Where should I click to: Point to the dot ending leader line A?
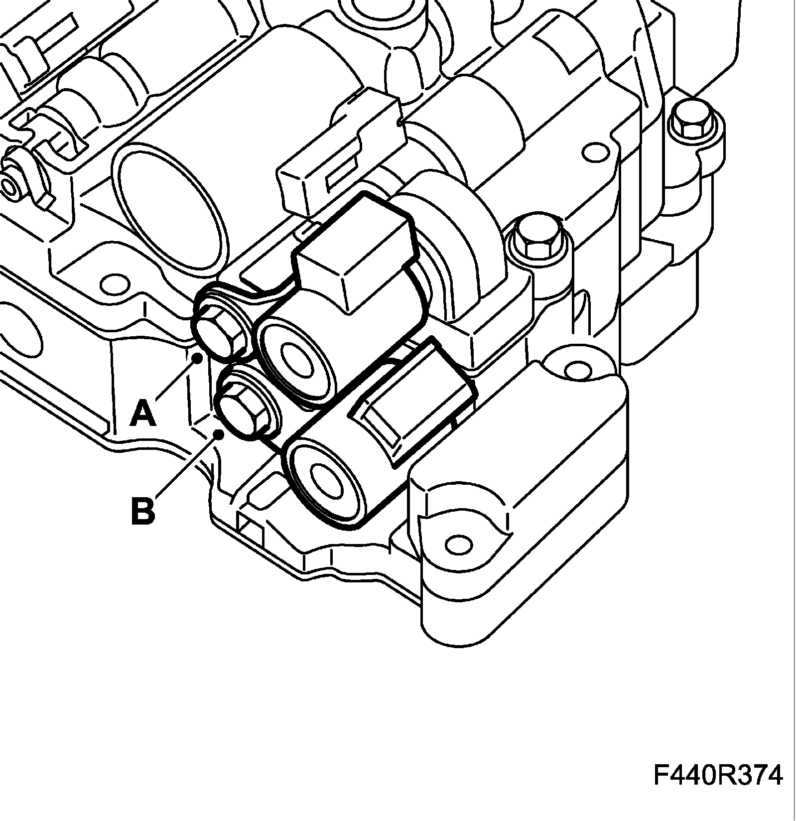[x=198, y=358]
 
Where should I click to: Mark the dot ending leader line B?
[x=218, y=434]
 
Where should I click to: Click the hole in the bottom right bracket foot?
[x=457, y=545]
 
